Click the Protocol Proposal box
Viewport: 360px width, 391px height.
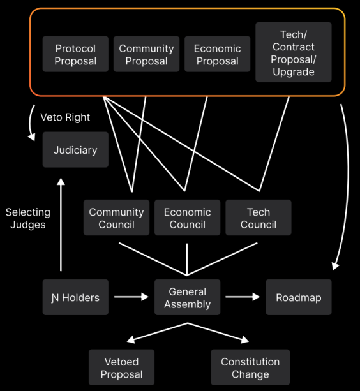[75, 54]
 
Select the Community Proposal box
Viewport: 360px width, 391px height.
[146, 54]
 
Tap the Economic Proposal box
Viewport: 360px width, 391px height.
[217, 54]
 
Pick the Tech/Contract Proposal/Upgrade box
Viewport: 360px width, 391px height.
[294, 52]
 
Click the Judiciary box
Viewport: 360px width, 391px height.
[75, 150]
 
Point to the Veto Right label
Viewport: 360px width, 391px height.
[65, 117]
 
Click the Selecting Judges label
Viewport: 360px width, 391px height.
[28, 218]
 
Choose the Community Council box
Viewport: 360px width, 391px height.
[117, 218]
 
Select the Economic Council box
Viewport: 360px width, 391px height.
[188, 218]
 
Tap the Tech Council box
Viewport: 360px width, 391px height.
[259, 218]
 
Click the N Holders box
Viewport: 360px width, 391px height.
[75, 297]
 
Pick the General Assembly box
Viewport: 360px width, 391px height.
[188, 297]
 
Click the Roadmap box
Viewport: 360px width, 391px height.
[299, 297]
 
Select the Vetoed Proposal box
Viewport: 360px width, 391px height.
[121, 367]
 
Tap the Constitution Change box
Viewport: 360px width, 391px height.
[250, 367]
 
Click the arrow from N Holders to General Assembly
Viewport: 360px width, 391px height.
[131, 297]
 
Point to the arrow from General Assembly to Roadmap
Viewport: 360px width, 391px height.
[243, 297]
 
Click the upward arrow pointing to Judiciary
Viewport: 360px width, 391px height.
[61, 225]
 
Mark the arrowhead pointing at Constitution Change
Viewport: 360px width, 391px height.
[245, 339]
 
